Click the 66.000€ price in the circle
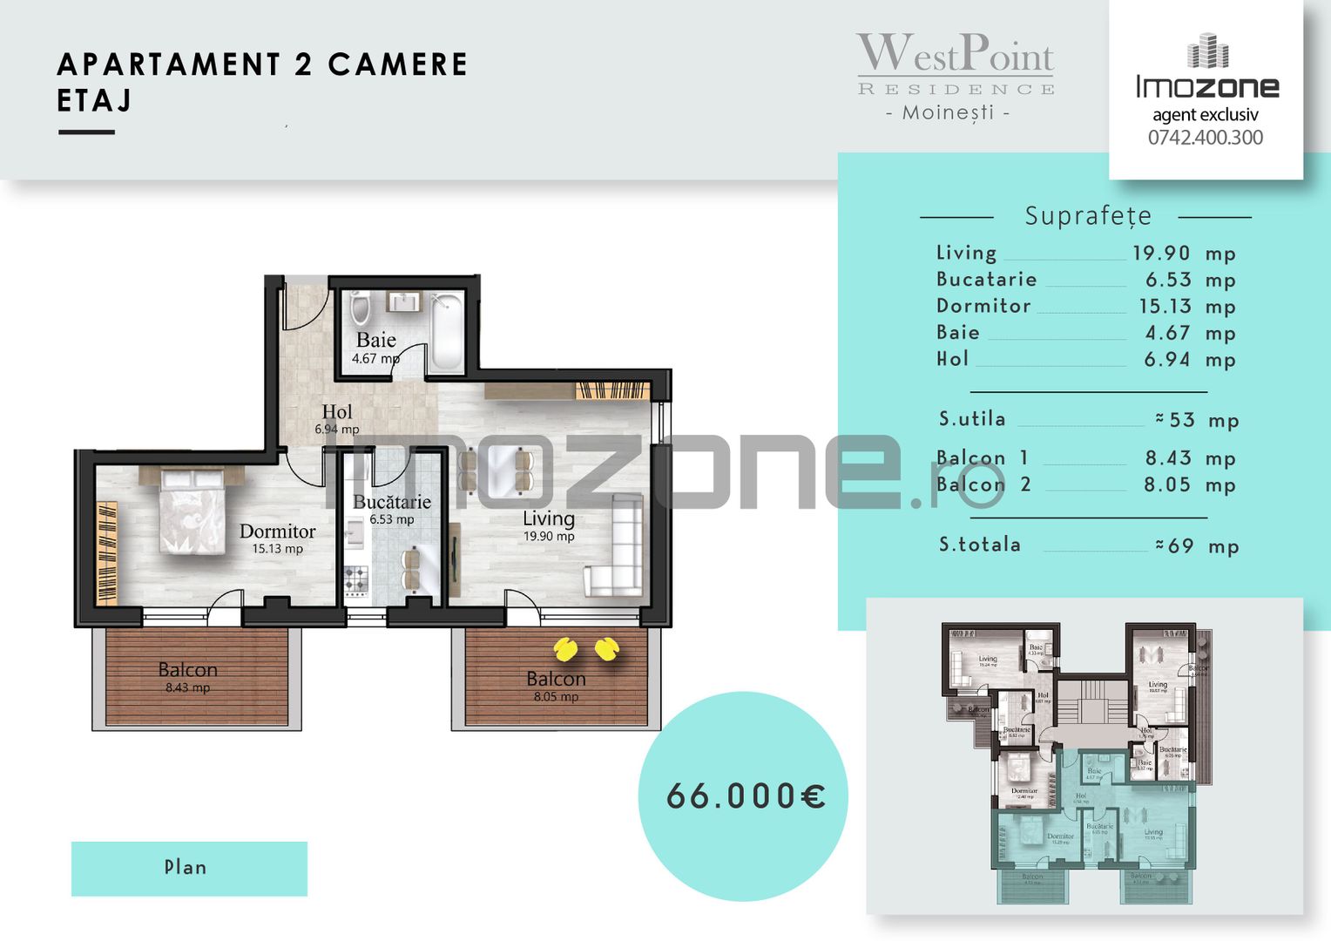tap(746, 796)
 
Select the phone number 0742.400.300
tap(1205, 138)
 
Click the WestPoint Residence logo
tap(955, 64)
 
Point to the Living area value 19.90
tap(1161, 254)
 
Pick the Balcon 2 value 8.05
tap(1166, 485)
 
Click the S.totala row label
tap(979, 545)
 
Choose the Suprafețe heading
tap(1087, 216)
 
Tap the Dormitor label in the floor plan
tap(277, 531)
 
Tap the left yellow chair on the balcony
tap(565, 649)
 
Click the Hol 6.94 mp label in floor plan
tap(337, 419)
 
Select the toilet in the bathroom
tap(360, 308)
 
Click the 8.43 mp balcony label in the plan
tap(187, 688)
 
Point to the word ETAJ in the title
tap(94, 101)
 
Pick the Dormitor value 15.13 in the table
tap(1165, 307)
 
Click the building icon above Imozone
tap(1207, 51)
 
